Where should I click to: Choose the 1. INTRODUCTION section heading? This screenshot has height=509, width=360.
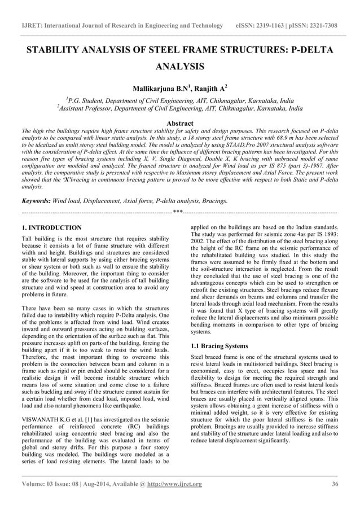[x=51, y=227]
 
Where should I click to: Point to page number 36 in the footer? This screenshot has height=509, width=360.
[x=334, y=484]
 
